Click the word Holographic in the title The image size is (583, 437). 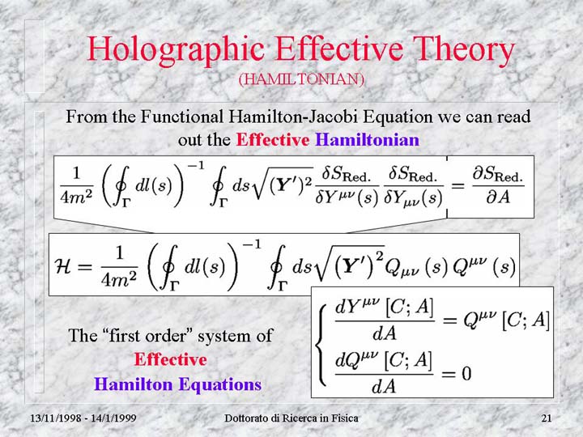(x=175, y=49)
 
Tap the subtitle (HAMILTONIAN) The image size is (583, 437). (x=300, y=79)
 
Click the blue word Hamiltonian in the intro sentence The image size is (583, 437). (x=367, y=140)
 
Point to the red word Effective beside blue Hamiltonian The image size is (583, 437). (x=273, y=140)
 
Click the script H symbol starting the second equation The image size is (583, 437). (x=63, y=265)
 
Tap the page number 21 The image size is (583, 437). (x=547, y=418)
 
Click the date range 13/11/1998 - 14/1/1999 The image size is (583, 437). (x=83, y=418)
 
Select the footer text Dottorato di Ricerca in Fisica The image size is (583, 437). (x=291, y=418)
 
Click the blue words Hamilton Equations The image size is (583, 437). (x=177, y=384)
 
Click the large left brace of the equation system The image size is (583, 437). (x=321, y=345)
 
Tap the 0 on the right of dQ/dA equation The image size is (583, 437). (x=466, y=373)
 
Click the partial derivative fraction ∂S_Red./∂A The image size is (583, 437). (x=498, y=186)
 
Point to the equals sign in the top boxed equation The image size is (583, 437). (x=457, y=185)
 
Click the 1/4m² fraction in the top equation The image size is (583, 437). (x=77, y=186)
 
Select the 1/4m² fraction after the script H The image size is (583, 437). (x=119, y=267)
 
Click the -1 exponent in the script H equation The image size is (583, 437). (x=252, y=245)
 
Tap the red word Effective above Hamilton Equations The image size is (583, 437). (x=170, y=359)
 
